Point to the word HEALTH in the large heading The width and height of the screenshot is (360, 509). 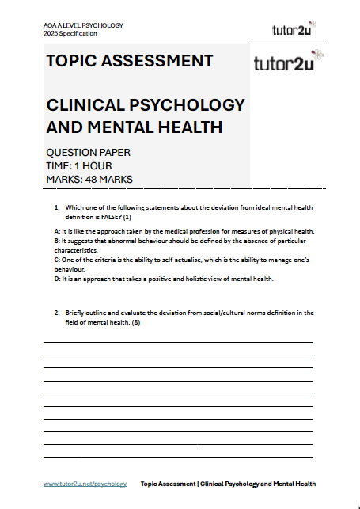coord(184,127)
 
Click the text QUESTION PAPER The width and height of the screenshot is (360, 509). coord(89,152)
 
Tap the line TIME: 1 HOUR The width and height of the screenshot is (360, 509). coord(79,165)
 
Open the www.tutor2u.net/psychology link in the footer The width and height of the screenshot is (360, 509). coord(85,484)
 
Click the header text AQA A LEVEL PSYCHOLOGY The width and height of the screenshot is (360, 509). coord(83,25)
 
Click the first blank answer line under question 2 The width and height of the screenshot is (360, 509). coord(177,341)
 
